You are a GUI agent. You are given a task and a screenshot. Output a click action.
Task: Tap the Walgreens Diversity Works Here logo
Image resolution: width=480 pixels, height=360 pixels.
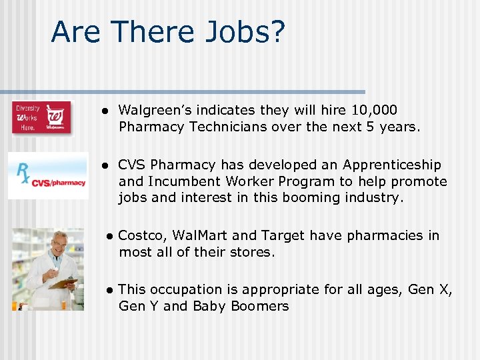click(41, 117)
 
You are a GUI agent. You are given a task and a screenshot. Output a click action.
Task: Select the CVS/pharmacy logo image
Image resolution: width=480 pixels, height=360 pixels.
click(48, 175)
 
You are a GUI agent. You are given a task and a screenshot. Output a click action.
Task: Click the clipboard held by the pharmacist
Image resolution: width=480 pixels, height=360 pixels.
click(64, 283)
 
